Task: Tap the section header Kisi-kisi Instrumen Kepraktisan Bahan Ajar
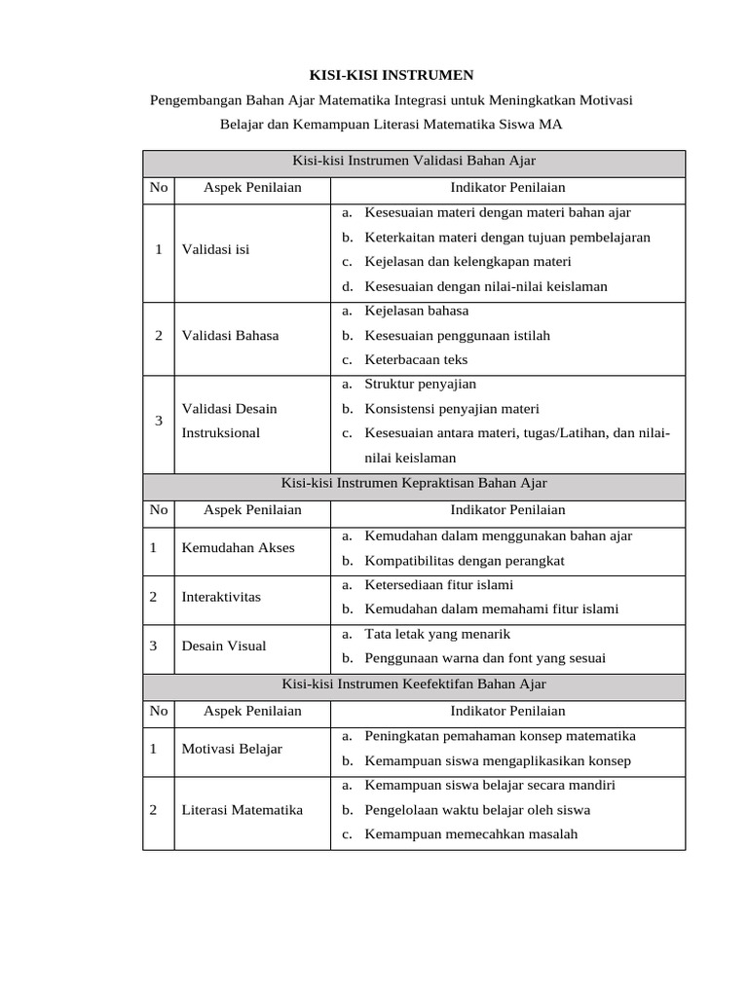(414, 484)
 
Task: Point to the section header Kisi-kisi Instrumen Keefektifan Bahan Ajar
(414, 684)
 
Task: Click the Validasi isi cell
(215, 249)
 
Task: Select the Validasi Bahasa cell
(230, 336)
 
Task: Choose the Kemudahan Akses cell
(238, 548)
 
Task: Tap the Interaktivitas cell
(221, 597)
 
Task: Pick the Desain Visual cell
(224, 646)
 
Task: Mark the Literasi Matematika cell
(243, 810)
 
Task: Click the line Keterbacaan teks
(416, 360)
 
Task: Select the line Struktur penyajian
(420, 385)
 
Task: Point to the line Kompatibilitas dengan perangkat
(465, 561)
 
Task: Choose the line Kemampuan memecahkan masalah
(471, 834)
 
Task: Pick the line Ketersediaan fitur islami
(438, 585)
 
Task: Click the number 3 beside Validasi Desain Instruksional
(159, 421)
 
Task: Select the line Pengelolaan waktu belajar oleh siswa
(477, 810)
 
